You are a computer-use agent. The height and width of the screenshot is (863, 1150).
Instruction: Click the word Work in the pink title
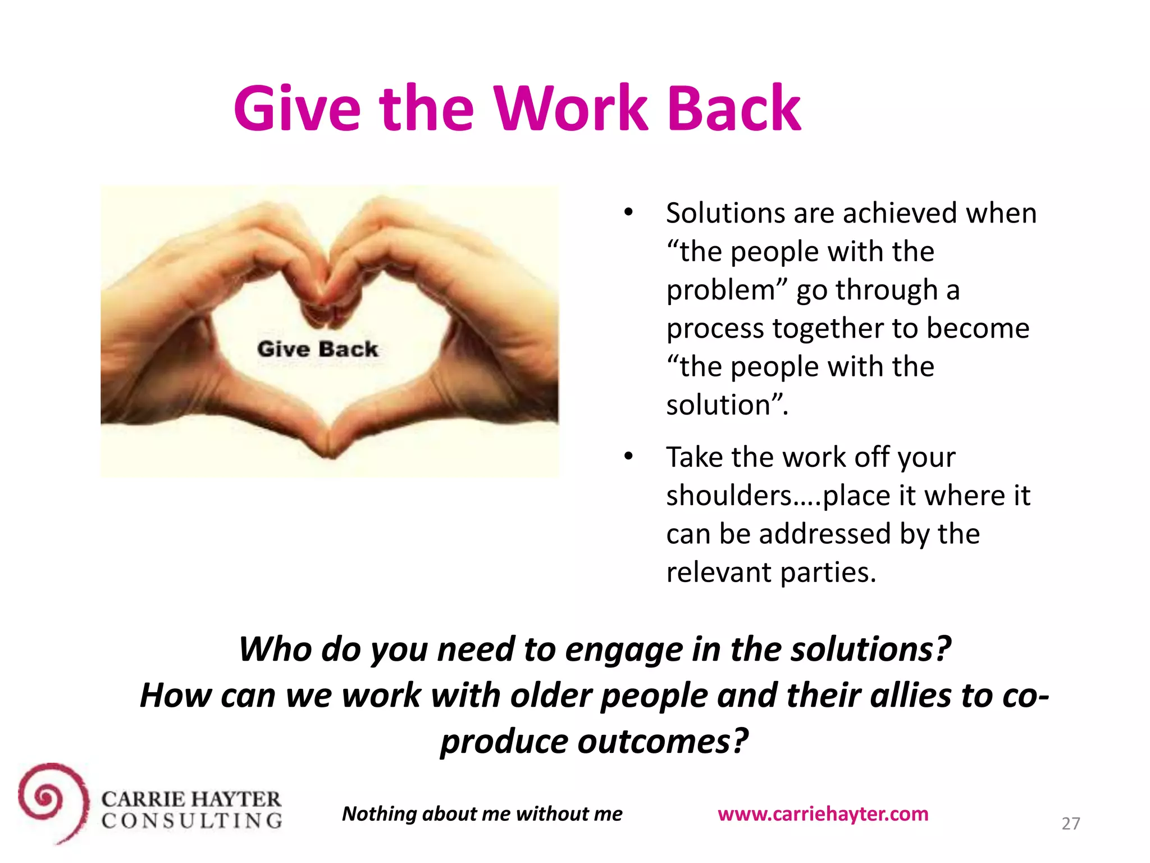point(570,108)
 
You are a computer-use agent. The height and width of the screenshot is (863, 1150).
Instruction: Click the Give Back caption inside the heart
point(317,349)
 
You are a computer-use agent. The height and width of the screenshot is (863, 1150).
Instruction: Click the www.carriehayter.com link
point(823,814)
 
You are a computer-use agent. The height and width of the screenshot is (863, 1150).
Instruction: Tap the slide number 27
point(1070,824)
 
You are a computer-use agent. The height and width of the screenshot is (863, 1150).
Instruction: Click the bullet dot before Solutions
point(628,212)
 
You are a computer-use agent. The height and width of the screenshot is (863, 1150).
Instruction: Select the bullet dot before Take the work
point(628,456)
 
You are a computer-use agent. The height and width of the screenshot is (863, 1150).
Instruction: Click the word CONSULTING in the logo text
point(191,821)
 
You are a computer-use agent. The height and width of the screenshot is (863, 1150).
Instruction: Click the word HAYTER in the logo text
point(236,799)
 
